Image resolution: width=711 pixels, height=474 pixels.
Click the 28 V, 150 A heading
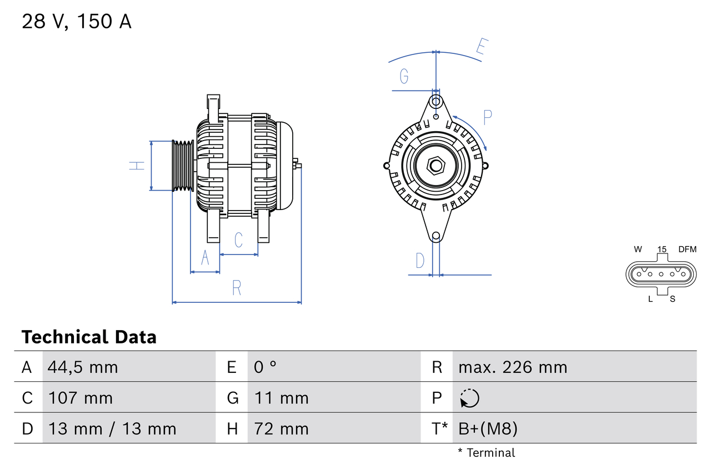(77, 22)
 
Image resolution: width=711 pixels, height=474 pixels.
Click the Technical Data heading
(89, 337)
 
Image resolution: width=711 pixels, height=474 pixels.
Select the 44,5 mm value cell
(83, 367)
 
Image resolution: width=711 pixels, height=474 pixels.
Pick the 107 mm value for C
(81, 398)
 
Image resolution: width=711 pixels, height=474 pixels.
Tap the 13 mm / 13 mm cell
(112, 428)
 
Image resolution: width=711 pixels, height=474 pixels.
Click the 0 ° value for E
(266, 367)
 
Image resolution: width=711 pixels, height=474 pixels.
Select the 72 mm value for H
(281, 428)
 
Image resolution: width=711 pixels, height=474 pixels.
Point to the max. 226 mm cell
(513, 367)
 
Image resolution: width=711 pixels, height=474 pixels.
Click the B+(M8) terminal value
(488, 428)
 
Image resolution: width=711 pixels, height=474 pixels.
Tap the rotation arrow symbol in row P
(469, 398)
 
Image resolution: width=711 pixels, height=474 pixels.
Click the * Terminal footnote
(487, 452)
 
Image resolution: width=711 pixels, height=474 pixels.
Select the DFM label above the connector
(687, 250)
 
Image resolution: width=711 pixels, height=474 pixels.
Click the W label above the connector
(638, 250)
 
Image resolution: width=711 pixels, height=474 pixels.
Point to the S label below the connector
(672, 299)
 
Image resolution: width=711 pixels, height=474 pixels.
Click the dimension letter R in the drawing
(237, 288)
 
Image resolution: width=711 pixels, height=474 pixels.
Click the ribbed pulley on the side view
(182, 166)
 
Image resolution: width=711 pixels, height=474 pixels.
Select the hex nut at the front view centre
(436, 166)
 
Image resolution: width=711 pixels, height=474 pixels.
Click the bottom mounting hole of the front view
(436, 236)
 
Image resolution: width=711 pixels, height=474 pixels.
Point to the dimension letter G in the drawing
(404, 76)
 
